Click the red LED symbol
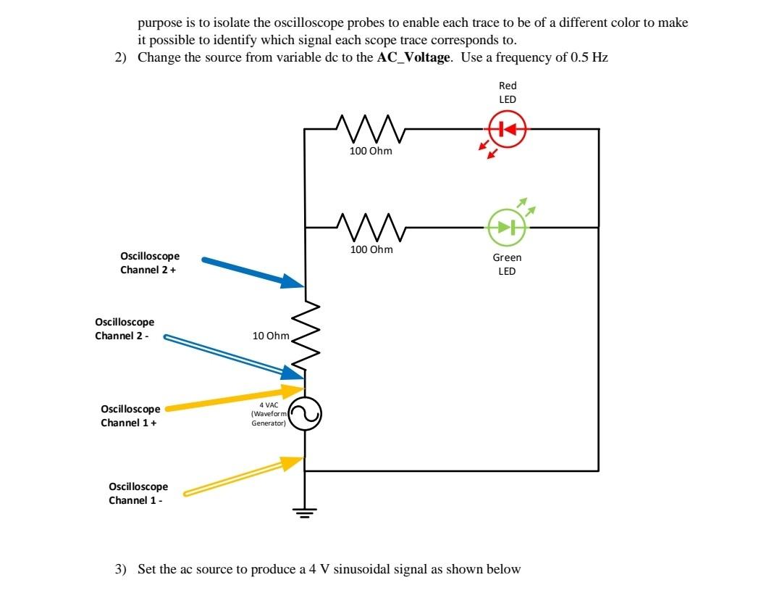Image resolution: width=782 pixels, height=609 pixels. pos(507,130)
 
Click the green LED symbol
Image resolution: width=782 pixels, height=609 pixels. pos(506,226)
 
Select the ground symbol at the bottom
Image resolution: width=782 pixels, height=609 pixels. pos(305,512)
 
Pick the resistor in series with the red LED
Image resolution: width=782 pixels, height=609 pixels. pos(370,129)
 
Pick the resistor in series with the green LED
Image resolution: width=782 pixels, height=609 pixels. pos(370,227)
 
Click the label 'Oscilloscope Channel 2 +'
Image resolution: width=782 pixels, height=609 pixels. pos(149,263)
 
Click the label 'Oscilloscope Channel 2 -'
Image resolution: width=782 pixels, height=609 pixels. pos(125,328)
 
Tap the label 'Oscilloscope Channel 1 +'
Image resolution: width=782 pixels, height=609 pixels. pos(130,415)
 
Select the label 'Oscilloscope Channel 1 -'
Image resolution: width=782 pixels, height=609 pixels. pos(138,493)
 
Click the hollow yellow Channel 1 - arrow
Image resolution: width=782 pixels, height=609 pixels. pos(243,477)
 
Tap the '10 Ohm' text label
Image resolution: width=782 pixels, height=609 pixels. pos(270,336)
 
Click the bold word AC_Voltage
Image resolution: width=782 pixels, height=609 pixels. pos(414,57)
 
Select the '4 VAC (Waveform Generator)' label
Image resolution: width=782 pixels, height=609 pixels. pos(269,414)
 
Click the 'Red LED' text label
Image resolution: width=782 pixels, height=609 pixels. pos(507,92)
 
